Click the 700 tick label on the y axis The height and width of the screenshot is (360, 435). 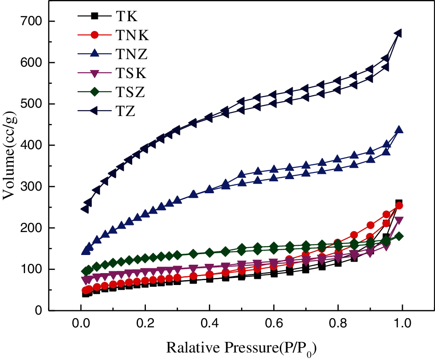coord(32,21)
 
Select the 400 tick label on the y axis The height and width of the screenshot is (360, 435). coord(32,145)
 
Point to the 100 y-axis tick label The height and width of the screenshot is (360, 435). coord(32,269)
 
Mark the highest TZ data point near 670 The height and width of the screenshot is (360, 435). coord(398,33)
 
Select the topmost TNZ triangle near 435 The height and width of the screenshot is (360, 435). coord(398,130)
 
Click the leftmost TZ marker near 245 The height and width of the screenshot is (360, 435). coord(85,209)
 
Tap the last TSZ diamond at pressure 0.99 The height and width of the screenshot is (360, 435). coord(398,236)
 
